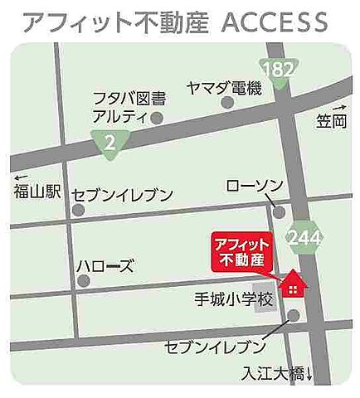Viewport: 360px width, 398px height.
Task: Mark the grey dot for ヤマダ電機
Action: (x=227, y=103)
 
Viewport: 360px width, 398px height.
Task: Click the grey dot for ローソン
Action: (x=279, y=212)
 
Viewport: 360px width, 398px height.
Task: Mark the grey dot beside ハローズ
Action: (x=83, y=281)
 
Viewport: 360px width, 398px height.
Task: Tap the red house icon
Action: (x=293, y=286)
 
